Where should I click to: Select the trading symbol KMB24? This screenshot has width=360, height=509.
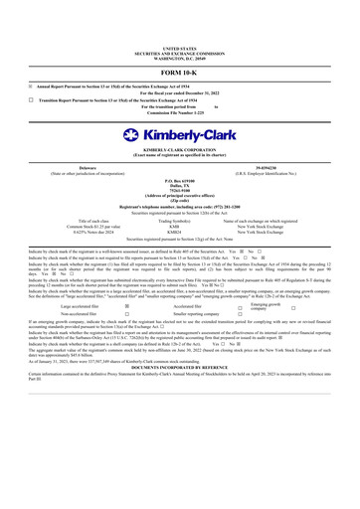[180, 233]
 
